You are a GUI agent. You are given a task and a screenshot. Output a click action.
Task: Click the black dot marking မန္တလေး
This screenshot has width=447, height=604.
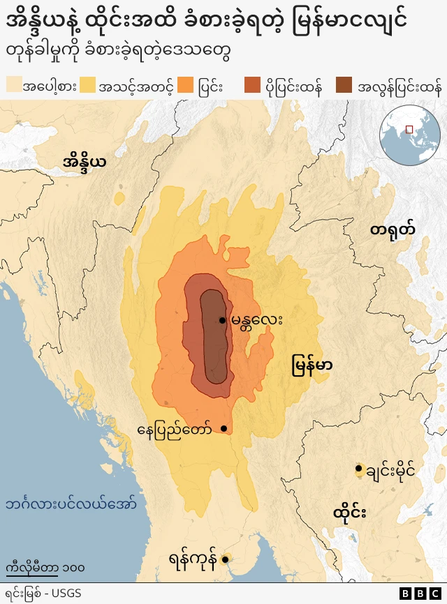click(223, 320)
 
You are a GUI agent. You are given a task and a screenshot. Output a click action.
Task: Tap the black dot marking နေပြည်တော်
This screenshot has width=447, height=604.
click(224, 428)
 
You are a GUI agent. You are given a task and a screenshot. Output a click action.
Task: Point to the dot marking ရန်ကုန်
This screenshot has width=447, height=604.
click(226, 559)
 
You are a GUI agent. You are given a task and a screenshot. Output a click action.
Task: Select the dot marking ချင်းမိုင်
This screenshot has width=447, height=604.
click(358, 469)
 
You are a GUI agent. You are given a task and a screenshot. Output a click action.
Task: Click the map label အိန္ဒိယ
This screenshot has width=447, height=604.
click(85, 163)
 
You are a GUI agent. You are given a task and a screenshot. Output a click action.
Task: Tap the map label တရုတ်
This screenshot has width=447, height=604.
click(393, 229)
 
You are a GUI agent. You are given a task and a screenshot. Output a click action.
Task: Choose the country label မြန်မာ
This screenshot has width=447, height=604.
click(312, 365)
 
